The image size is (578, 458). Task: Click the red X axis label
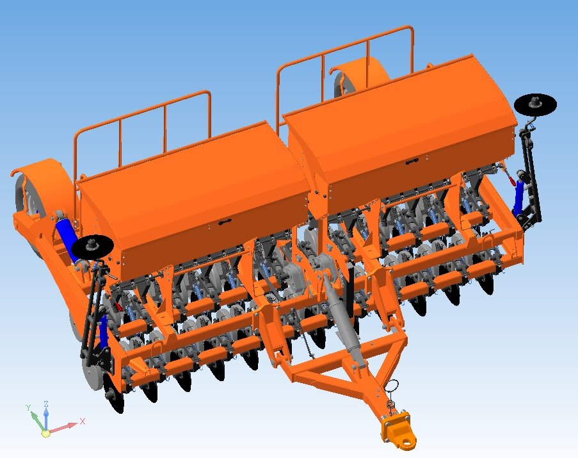(x=82, y=421)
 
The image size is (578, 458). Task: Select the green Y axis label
(x=28, y=407)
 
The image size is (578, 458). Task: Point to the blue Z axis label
(x=46, y=404)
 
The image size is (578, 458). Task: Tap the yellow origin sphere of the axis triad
(x=45, y=433)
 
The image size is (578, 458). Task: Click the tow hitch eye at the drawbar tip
(x=406, y=441)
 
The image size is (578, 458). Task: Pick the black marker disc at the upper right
(x=535, y=104)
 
